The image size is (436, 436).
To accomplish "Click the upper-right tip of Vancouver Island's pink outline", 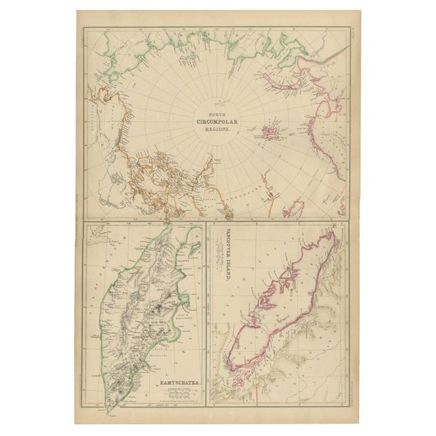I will pyautogui.click(x=337, y=235).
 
